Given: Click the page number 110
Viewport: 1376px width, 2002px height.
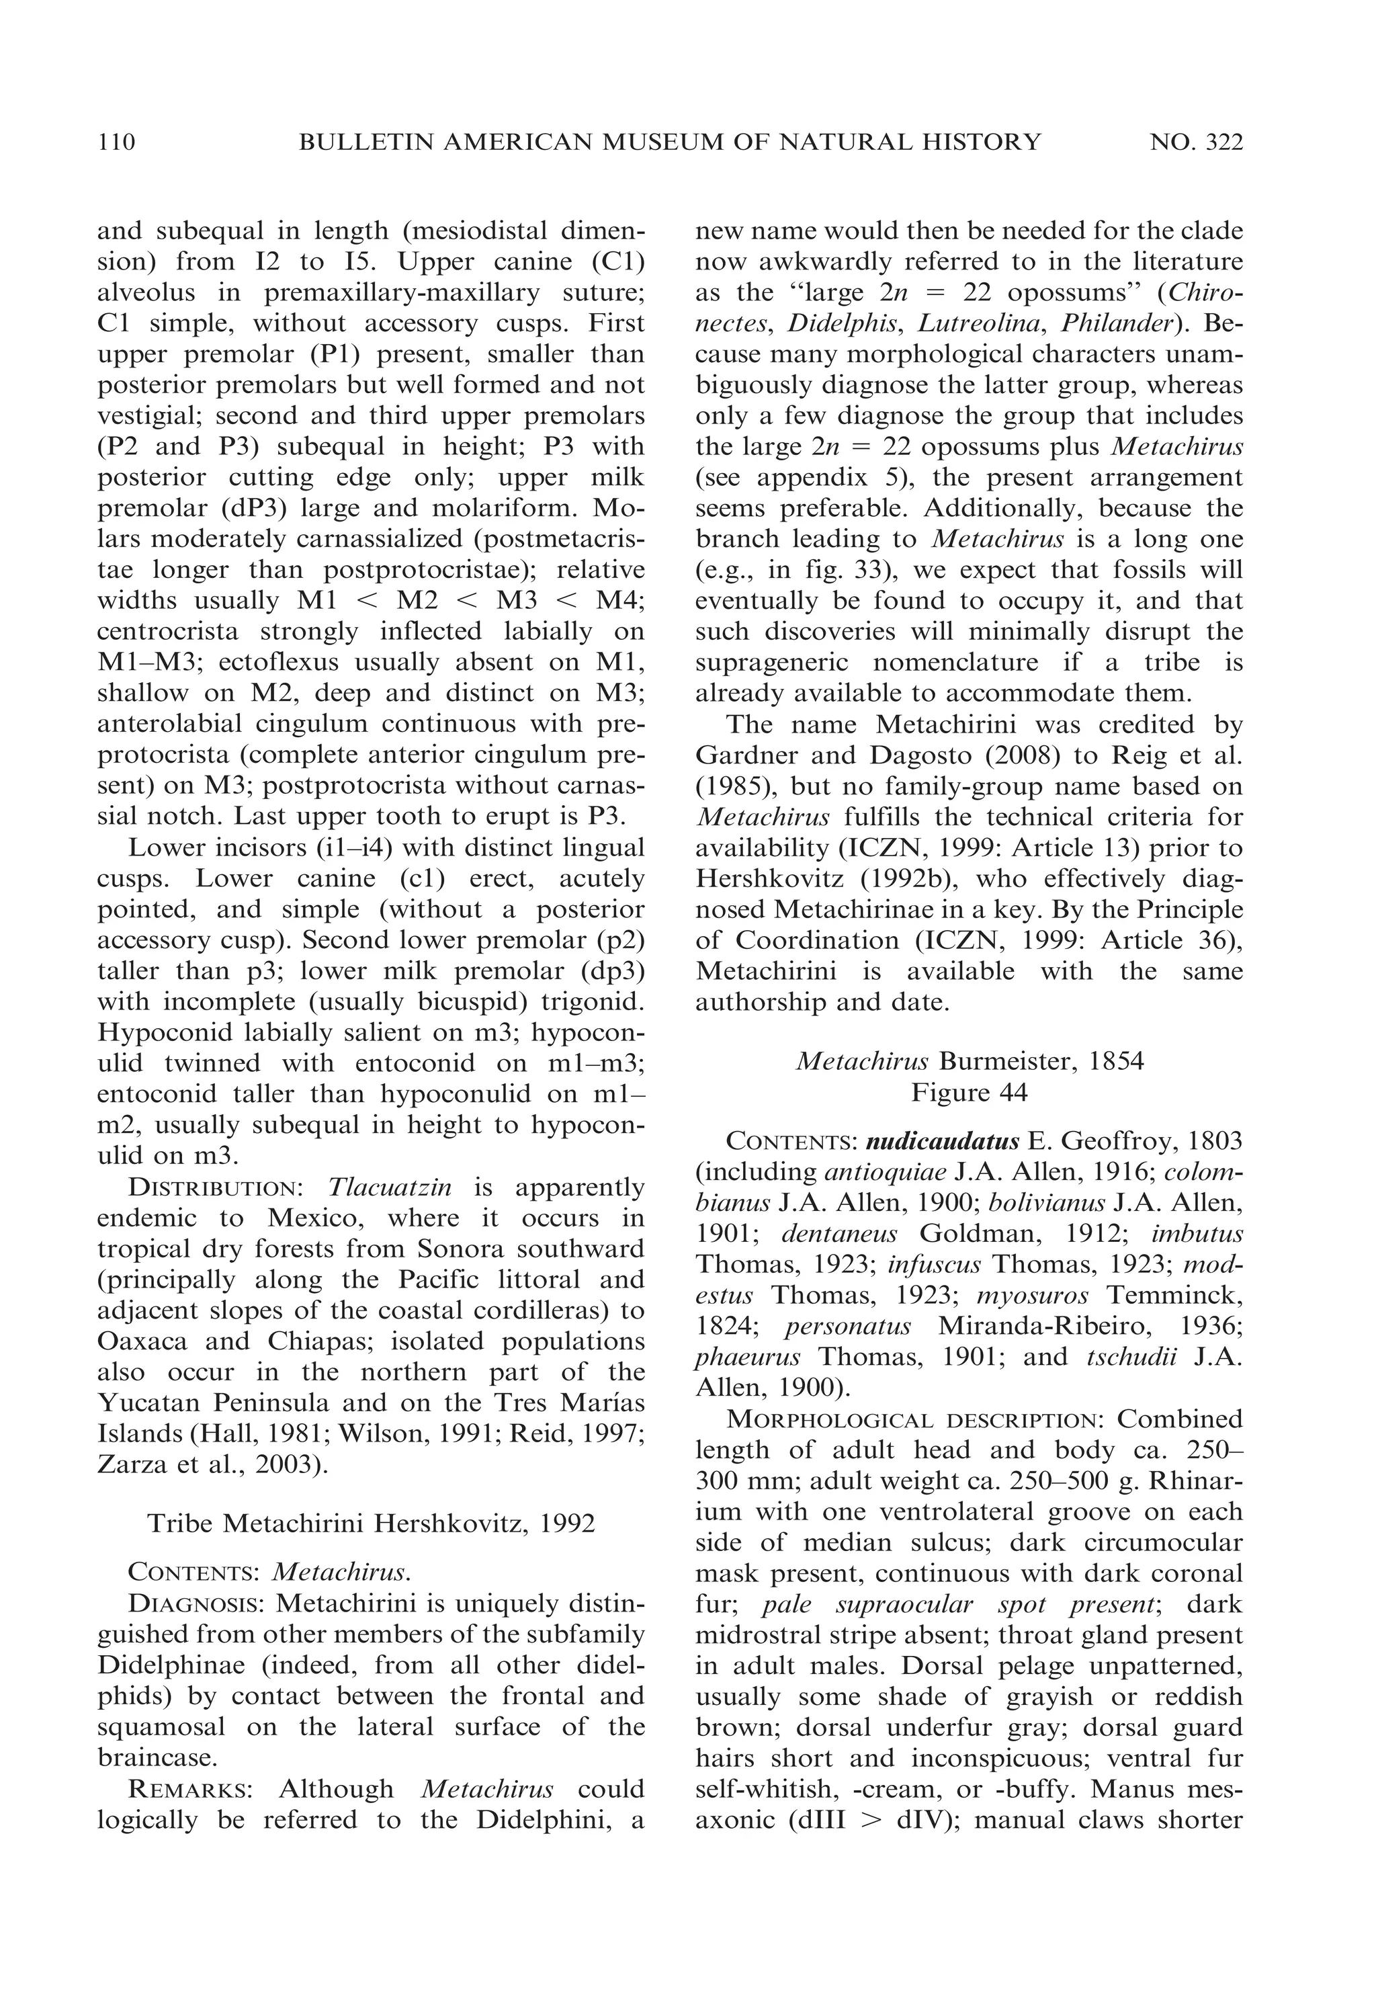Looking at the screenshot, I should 116,142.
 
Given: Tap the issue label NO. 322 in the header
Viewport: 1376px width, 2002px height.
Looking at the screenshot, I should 1196,142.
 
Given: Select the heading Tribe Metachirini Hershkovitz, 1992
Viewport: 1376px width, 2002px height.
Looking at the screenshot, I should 372,1524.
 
